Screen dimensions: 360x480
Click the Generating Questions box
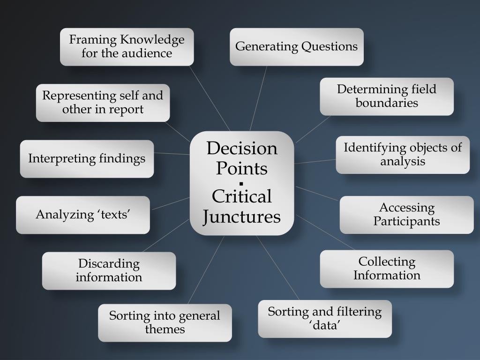tap(296, 47)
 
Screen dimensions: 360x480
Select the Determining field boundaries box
tap(387, 96)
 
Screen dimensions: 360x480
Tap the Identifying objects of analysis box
tap(403, 155)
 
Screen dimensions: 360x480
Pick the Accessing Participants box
tap(406, 215)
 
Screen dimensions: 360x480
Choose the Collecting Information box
tap(387, 269)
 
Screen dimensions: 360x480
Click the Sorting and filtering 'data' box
tap(325, 319)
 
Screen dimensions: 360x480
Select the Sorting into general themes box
tap(165, 322)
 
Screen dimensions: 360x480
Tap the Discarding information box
tap(109, 270)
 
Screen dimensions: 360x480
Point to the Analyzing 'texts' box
tap(83, 215)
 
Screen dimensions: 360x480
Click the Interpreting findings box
tap(87, 159)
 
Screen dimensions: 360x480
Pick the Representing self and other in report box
tap(103, 103)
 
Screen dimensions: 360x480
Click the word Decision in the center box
tap(242, 149)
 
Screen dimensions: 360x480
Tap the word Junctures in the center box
tap(242, 217)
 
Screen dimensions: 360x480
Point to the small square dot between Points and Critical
tap(241, 183)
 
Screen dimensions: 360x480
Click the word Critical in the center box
tap(242, 196)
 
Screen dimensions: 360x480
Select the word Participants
tap(406, 221)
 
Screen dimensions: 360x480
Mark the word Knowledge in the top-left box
tap(152, 40)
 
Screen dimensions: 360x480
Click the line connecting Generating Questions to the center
tap(258, 98)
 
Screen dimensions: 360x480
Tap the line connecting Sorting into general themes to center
tap(206, 269)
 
